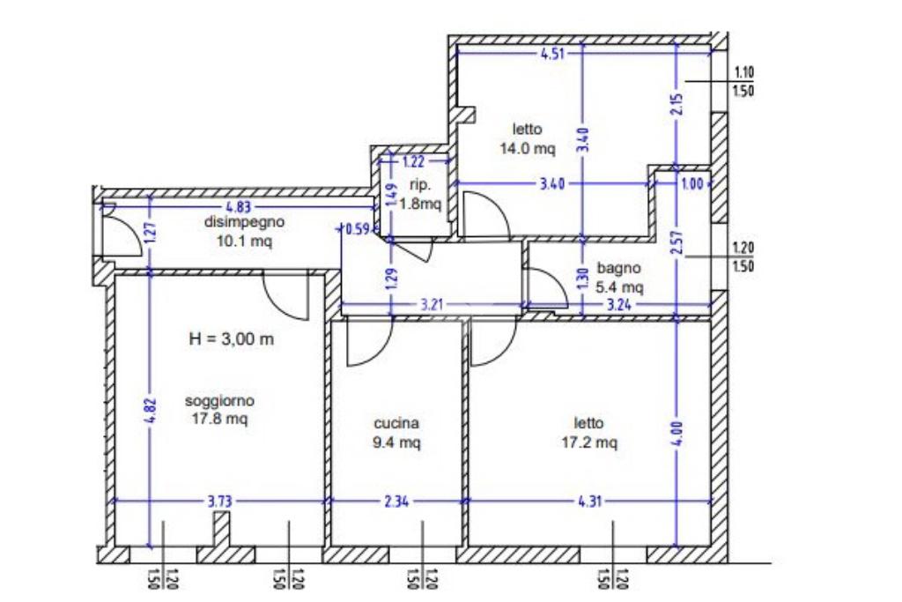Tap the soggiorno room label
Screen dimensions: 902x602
pos(219,402)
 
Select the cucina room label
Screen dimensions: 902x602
pos(396,422)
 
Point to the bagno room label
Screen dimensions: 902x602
pos(619,267)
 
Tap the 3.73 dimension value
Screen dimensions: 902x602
pos(219,502)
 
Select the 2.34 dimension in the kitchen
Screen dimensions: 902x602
pos(396,502)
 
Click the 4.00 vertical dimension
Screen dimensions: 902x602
pos(676,434)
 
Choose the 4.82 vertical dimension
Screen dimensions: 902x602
pos(149,412)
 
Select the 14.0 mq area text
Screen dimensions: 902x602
pos(529,149)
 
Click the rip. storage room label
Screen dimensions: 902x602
pos(419,184)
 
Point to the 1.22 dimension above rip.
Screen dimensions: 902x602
pos(414,161)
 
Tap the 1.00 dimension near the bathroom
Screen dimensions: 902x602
pos(694,183)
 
